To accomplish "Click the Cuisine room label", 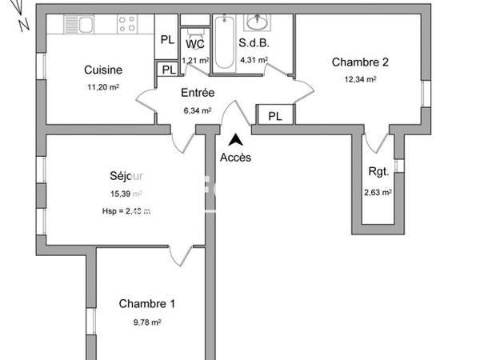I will pos(104,70).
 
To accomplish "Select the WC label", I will pos(196,45).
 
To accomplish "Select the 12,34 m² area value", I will pos(360,79).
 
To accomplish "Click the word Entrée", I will pos(198,93).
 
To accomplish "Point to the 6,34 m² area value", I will pos(197,110).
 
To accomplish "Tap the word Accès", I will pos(235,158).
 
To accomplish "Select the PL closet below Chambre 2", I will pos(275,116).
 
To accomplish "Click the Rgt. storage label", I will pos(378,172).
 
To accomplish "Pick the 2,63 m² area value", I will pos(378,192).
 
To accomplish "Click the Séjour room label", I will pos(126,176).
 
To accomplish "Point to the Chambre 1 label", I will pos(147,304).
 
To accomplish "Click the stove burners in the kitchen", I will pos(126,23).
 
